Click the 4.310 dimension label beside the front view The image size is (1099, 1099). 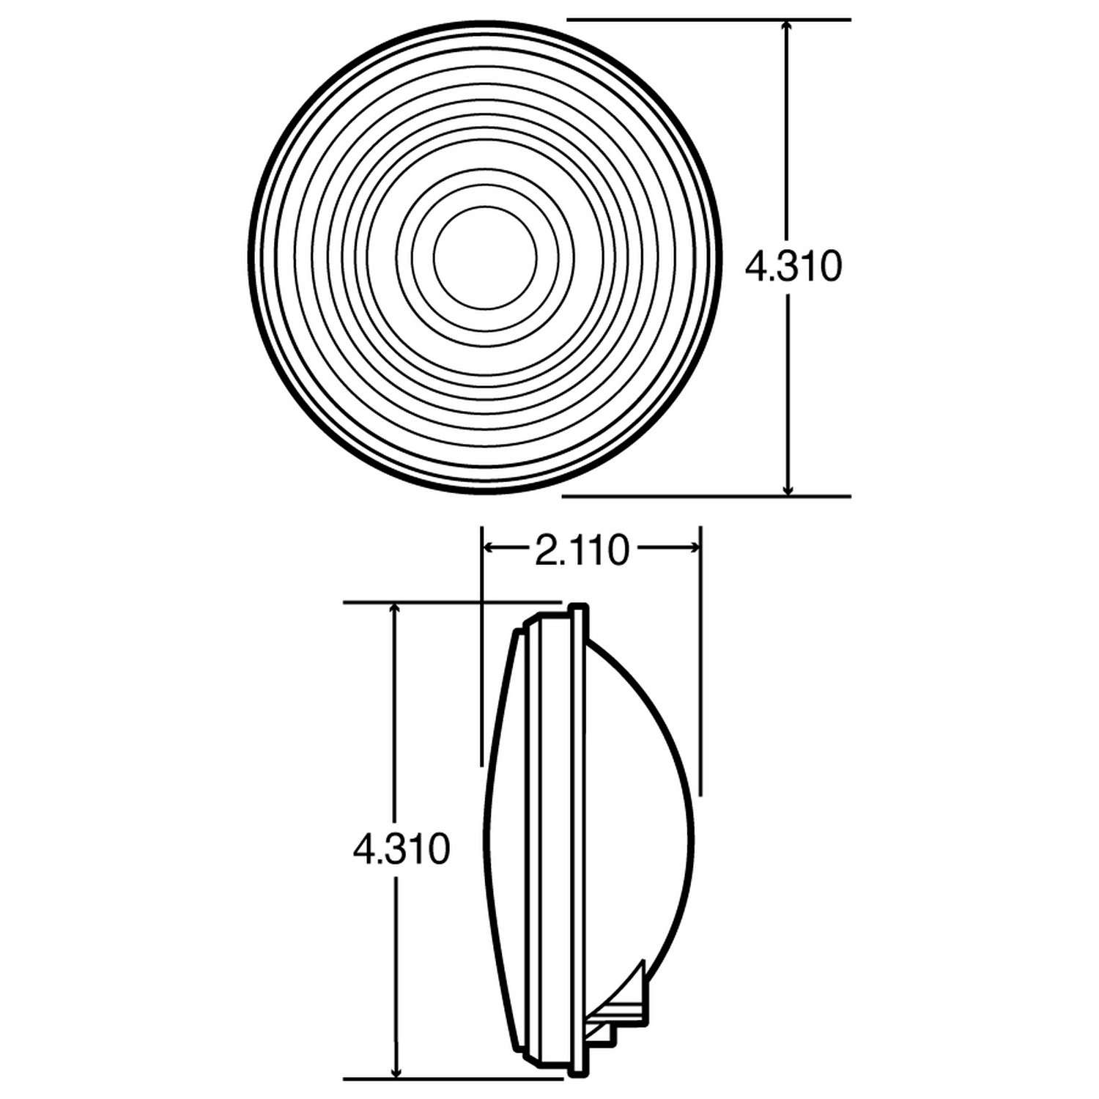[793, 267]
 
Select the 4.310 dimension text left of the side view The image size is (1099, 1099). [400, 849]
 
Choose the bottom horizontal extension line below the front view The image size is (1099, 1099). [706, 496]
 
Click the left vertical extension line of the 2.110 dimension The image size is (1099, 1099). [481, 645]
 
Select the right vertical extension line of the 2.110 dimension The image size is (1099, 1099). [701, 659]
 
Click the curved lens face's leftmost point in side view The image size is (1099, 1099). [484, 843]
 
